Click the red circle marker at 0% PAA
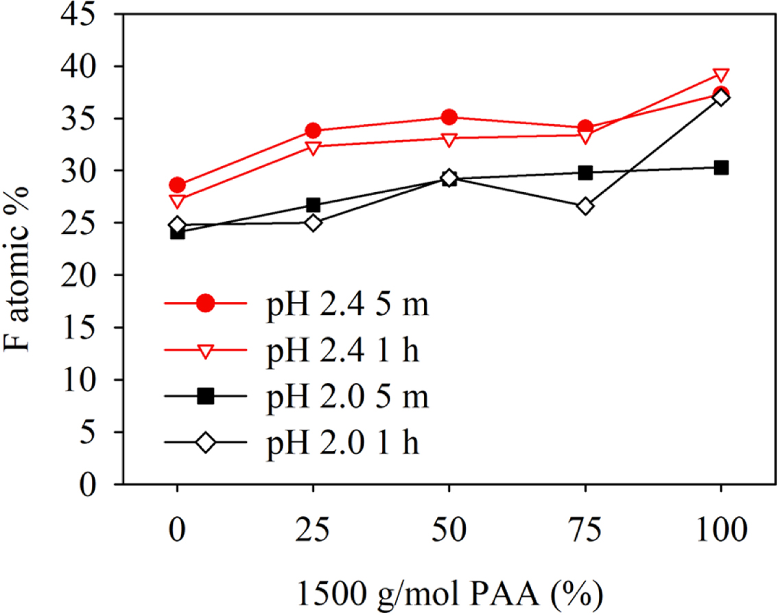(178, 185)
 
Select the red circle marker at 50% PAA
(449, 117)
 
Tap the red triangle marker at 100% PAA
(720, 76)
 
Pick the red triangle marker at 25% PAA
(313, 148)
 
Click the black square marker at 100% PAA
(720, 167)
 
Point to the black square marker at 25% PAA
(313, 205)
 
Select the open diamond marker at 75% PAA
(585, 206)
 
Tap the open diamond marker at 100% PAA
(720, 97)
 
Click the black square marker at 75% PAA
(585, 173)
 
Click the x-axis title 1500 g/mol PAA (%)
(449, 591)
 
